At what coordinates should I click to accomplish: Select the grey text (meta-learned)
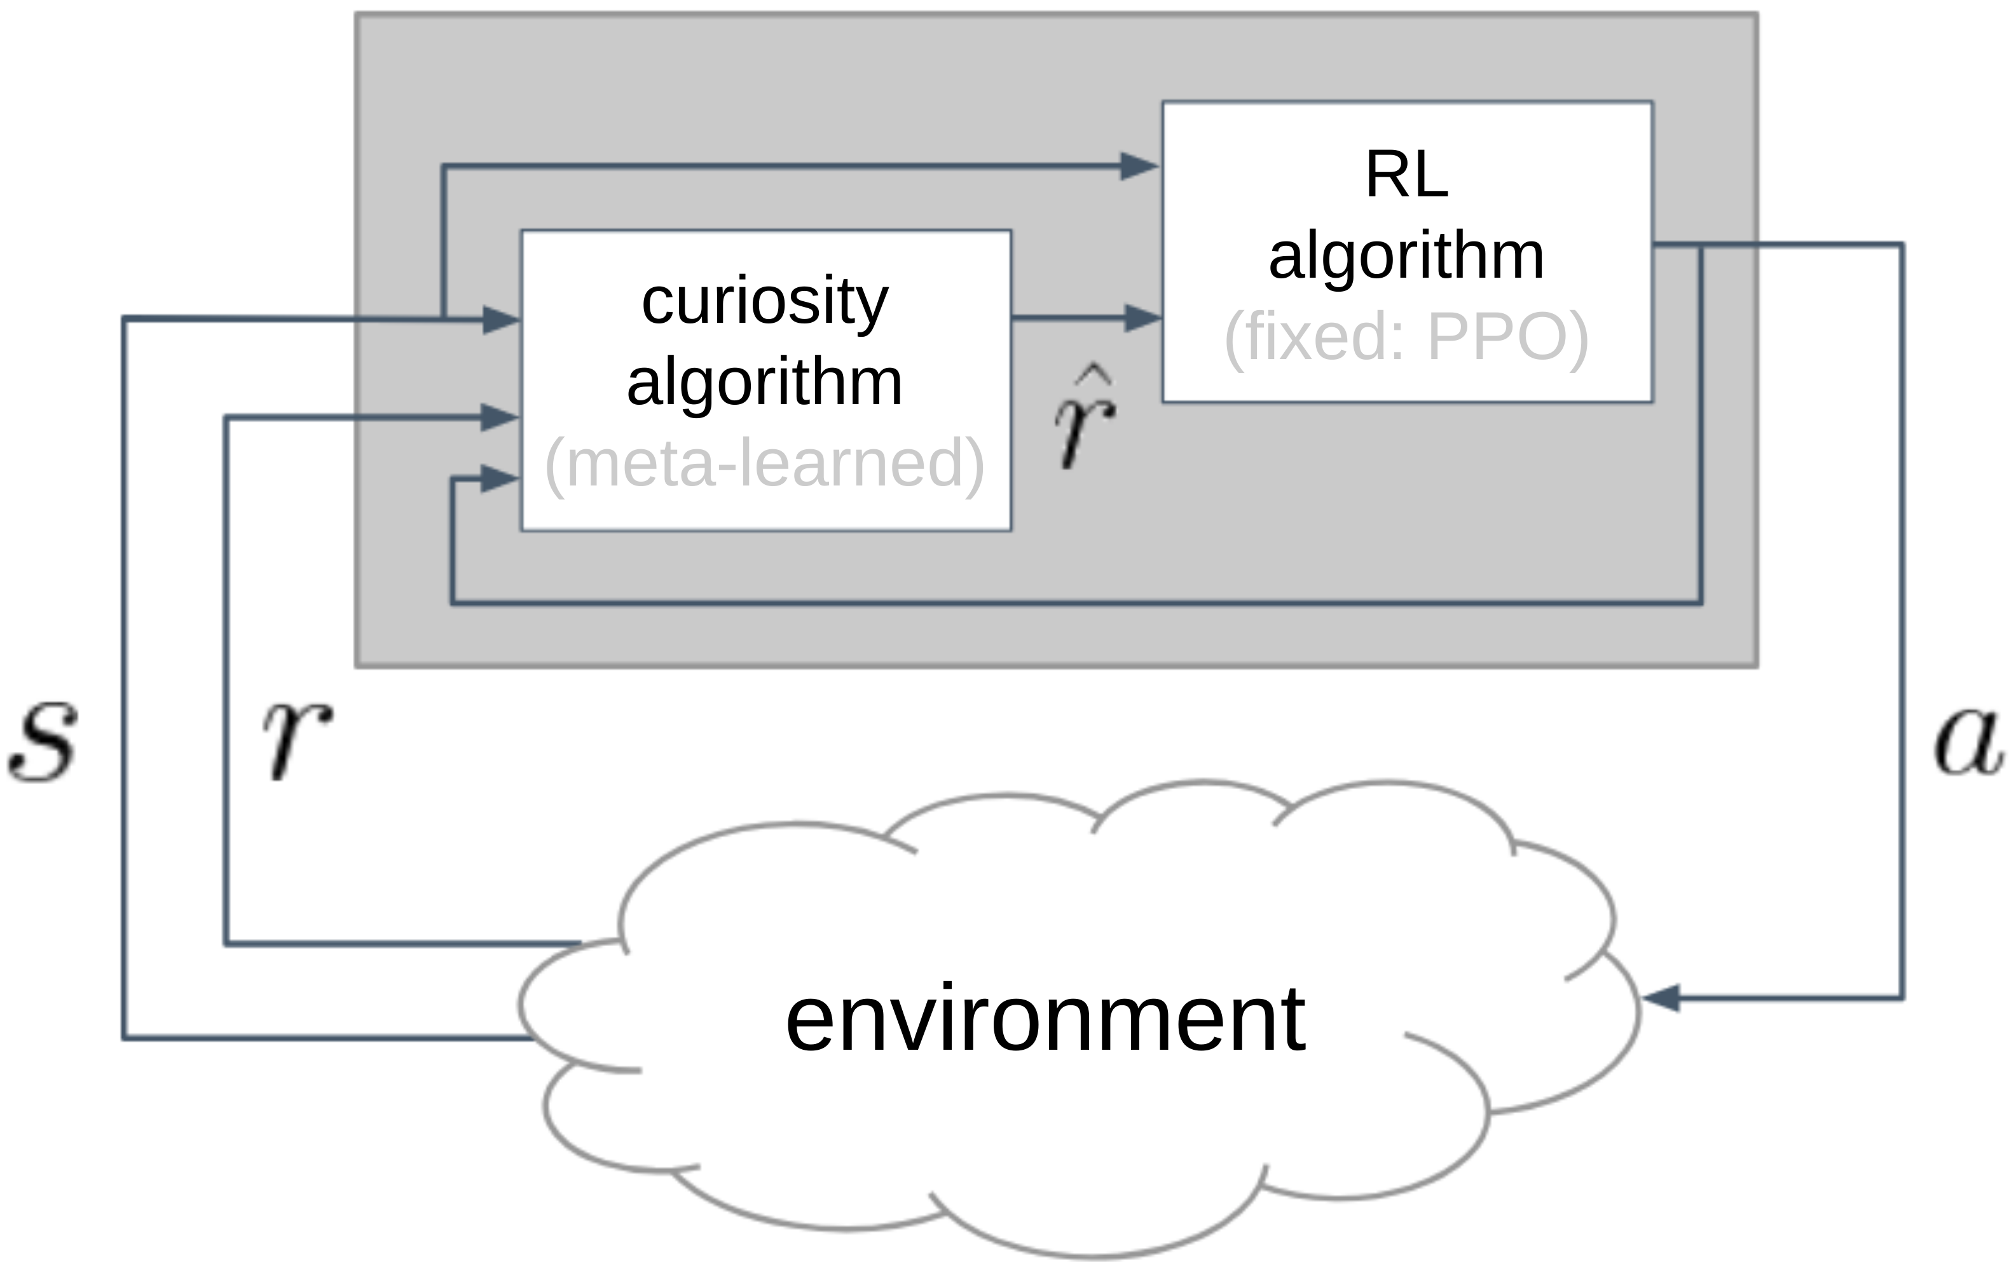(x=765, y=464)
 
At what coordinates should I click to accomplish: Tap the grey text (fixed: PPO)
(x=1407, y=337)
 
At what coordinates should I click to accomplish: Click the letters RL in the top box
(x=1407, y=175)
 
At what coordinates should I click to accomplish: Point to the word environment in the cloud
(x=1045, y=1019)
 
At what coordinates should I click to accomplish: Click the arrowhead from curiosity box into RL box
(x=1143, y=318)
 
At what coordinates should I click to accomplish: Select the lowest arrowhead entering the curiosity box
(x=500, y=478)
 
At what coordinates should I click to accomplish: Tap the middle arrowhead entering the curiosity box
(x=500, y=417)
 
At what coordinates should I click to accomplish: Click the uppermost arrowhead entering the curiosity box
(x=502, y=320)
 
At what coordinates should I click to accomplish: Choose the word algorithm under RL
(x=1407, y=257)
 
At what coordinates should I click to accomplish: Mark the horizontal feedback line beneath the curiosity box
(x=1077, y=602)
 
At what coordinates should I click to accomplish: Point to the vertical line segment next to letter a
(x=1902, y=621)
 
